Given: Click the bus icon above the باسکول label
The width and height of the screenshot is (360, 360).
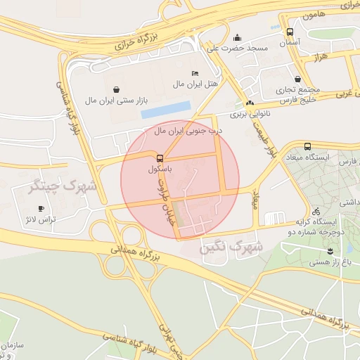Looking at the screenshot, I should [160, 157].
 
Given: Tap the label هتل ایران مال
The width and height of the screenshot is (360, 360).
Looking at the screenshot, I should [195, 84].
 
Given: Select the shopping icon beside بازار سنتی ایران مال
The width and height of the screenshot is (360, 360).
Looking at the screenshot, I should [116, 89].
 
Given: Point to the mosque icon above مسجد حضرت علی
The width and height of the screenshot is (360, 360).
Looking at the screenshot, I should [237, 38].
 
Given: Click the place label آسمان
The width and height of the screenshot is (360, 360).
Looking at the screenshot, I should [290, 43].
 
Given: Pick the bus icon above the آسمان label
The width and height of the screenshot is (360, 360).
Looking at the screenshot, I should [290, 32].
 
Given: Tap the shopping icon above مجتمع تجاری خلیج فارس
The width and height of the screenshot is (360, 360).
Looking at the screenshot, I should [299, 79].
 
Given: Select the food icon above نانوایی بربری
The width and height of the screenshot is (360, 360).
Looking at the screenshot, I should [250, 103].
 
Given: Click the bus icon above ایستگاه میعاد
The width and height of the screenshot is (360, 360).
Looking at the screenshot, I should [307, 146].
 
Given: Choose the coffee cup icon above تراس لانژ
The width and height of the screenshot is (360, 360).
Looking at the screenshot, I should [41, 208].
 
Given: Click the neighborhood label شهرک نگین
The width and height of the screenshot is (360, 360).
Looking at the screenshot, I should [231, 247].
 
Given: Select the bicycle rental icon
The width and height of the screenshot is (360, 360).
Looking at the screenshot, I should [316, 211].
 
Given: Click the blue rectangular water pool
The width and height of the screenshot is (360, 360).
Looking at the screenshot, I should [165, 109].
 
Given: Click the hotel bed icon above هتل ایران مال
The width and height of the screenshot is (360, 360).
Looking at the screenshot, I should [195, 73].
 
